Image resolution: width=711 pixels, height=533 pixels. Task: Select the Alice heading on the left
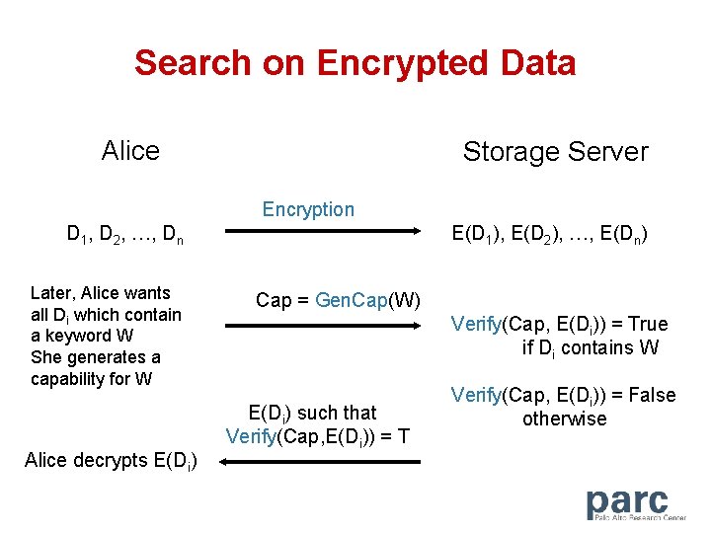[130, 151]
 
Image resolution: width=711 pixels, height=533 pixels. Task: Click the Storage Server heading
[555, 152]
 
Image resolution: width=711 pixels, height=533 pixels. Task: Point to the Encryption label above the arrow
[308, 209]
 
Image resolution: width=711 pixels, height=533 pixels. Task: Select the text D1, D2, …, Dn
[124, 235]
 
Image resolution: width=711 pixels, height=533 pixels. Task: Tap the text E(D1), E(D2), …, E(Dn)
[550, 235]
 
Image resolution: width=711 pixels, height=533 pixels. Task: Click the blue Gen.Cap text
[353, 300]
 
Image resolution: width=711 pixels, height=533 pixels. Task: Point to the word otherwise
[564, 419]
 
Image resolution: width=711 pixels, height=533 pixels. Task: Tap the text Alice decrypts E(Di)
[111, 460]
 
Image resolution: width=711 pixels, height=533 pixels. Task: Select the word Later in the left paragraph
[52, 293]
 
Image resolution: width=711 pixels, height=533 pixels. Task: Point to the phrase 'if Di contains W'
[591, 347]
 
